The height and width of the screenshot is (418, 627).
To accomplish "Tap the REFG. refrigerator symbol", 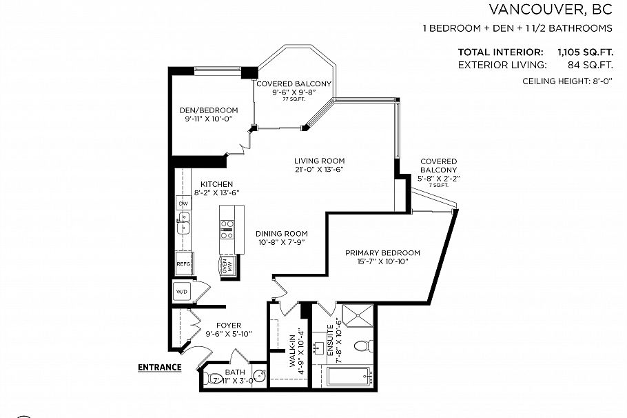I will (x=184, y=263).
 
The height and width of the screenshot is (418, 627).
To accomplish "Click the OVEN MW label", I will (x=227, y=266).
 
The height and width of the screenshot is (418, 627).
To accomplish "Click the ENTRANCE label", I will (x=159, y=367).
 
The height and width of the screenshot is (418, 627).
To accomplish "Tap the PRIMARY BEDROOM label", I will (x=382, y=252).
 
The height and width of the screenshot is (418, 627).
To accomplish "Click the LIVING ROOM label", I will (x=319, y=161).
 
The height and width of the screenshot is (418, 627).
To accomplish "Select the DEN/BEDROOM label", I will (x=209, y=110).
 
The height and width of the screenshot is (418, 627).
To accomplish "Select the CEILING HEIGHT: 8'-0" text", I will (x=568, y=81).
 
